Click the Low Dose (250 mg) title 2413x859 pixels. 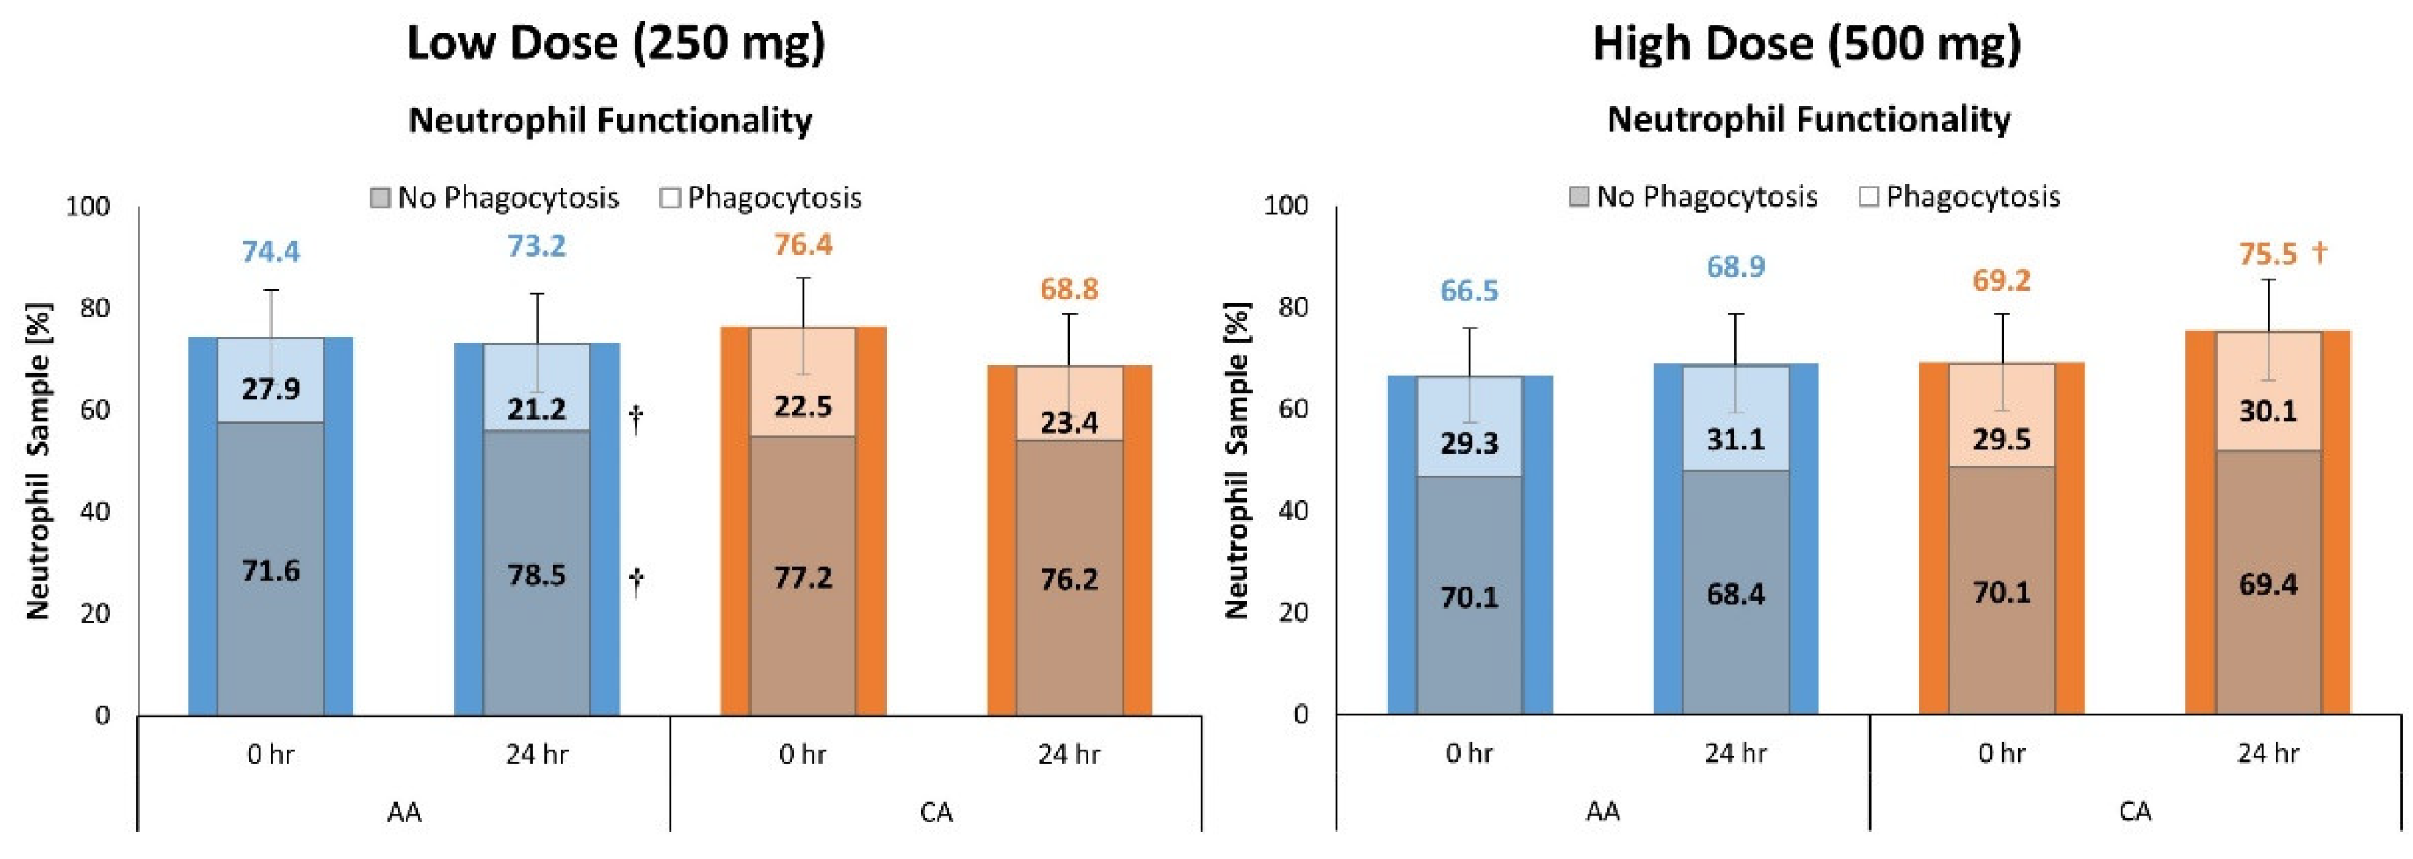pyautogui.click(x=615, y=43)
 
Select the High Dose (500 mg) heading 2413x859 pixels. pyautogui.click(x=1806, y=43)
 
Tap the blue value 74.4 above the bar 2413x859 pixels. pyautogui.click(x=271, y=251)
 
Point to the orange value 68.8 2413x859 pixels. pyautogui.click(x=1069, y=289)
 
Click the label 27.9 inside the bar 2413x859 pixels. pyautogui.click(x=271, y=388)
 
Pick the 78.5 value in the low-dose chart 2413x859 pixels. pyautogui.click(x=537, y=574)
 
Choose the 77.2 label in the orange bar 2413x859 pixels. pyautogui.click(x=803, y=577)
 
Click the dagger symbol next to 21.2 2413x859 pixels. pyautogui.click(x=636, y=418)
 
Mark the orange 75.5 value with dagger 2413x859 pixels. pyautogui.click(x=2282, y=254)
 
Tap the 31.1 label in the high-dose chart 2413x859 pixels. pyautogui.click(x=1735, y=438)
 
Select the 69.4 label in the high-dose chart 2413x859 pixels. pyautogui.click(x=2267, y=584)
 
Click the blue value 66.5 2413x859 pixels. pyautogui.click(x=1469, y=291)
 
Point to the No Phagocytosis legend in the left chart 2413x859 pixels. pyautogui.click(x=494, y=198)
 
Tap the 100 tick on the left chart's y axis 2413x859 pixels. pyautogui.click(x=87, y=206)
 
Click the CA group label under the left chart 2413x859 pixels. pyautogui.click(x=936, y=811)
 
